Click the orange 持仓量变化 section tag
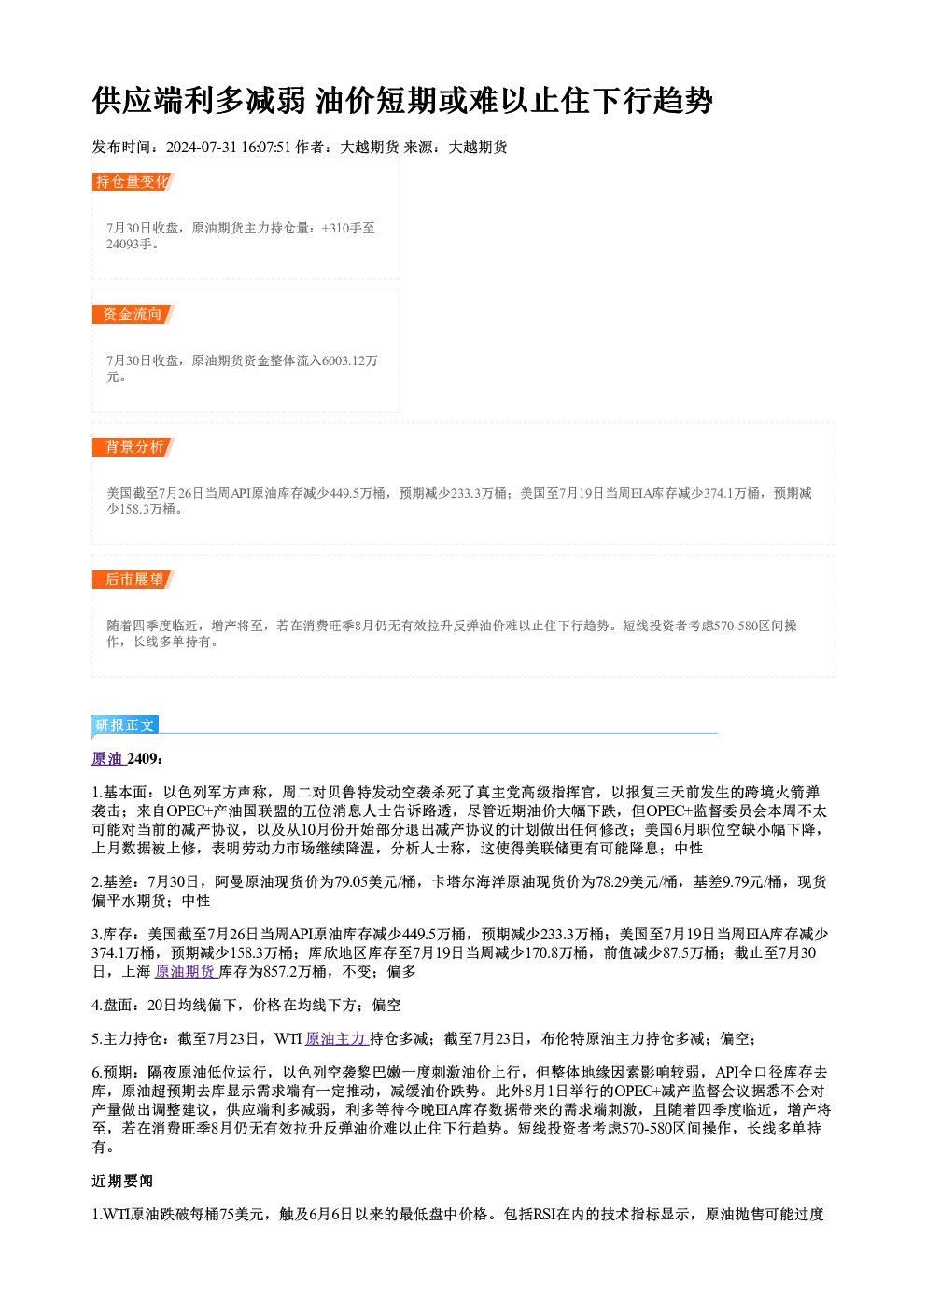[x=133, y=182]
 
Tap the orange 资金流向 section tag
[x=133, y=314]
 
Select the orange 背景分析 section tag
[x=133, y=447]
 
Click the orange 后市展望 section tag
[x=133, y=580]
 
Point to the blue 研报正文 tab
[x=125, y=725]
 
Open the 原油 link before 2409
[x=107, y=758]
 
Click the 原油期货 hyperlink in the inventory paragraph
[x=186, y=971]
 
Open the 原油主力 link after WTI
[x=336, y=1038]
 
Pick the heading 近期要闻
[x=122, y=1181]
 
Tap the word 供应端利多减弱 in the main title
[x=199, y=100]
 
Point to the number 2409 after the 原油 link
[x=142, y=758]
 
